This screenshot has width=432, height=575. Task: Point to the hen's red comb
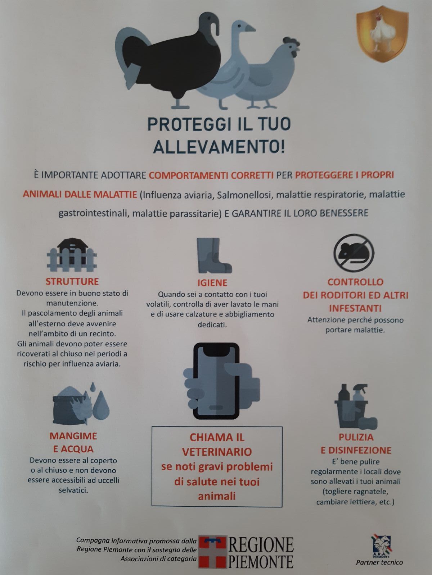tap(291, 41)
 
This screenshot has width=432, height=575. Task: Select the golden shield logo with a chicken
tap(382, 34)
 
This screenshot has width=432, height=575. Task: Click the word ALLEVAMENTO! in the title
tap(219, 147)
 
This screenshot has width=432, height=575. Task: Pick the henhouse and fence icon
tap(72, 255)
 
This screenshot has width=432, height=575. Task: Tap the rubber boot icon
tap(214, 256)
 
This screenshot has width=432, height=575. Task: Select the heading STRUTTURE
tap(72, 282)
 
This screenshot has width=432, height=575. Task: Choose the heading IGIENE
tap(212, 283)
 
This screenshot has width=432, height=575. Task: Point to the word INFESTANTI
tap(355, 308)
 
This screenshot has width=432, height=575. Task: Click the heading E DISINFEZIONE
tap(356, 450)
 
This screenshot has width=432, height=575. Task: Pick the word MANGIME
tap(73, 436)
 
